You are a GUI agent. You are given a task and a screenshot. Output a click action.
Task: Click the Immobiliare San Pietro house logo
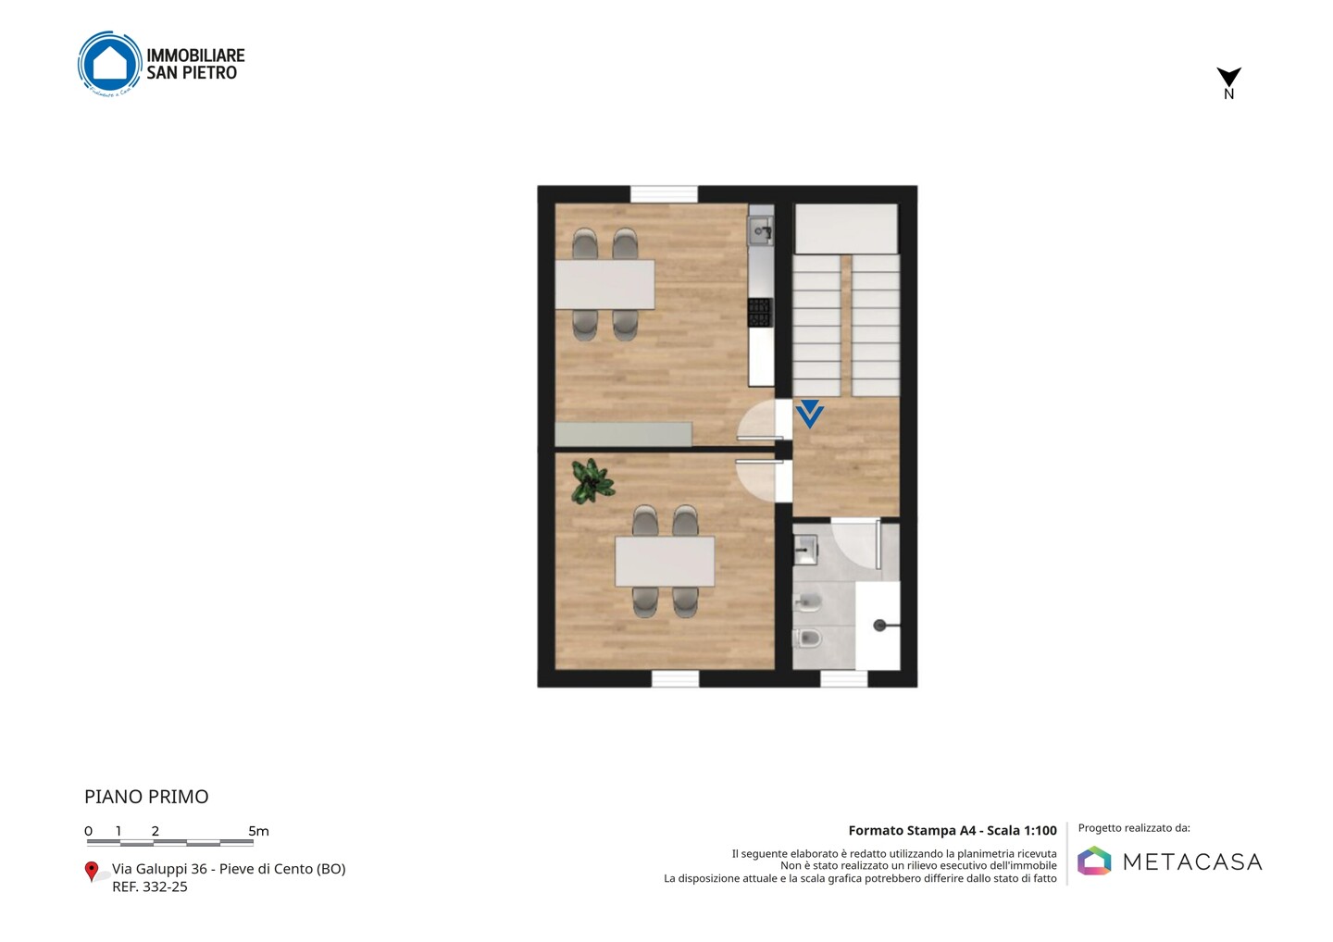[110, 64]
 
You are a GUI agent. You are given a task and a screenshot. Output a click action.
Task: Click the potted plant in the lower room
[592, 481]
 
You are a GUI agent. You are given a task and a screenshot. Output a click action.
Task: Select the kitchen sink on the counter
[761, 230]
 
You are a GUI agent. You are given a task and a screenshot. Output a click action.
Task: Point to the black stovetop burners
[760, 313]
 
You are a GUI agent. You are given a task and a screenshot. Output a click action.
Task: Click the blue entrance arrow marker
[809, 414]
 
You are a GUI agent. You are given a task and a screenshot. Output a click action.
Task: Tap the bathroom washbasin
[805, 549]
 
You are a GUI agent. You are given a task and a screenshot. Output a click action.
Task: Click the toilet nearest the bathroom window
[807, 638]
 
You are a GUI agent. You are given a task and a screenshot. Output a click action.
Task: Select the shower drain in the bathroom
[879, 625]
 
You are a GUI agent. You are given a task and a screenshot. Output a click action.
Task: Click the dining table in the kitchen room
[604, 284]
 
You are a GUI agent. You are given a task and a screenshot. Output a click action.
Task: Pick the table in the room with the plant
[665, 562]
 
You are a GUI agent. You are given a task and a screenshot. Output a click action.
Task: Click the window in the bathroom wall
[844, 678]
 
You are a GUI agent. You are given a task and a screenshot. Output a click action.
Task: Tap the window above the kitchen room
[664, 194]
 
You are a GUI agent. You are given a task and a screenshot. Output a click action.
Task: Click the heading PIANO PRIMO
[146, 797]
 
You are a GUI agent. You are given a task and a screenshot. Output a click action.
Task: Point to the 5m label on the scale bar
[258, 831]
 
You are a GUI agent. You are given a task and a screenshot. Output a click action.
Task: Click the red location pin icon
[91, 872]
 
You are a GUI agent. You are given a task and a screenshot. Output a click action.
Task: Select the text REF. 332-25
[150, 886]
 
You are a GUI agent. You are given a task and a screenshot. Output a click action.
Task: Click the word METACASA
[1192, 861]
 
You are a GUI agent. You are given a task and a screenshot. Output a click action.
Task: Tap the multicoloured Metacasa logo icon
[1094, 861]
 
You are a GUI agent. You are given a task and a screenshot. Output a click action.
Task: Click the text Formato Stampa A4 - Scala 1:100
[953, 830]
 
